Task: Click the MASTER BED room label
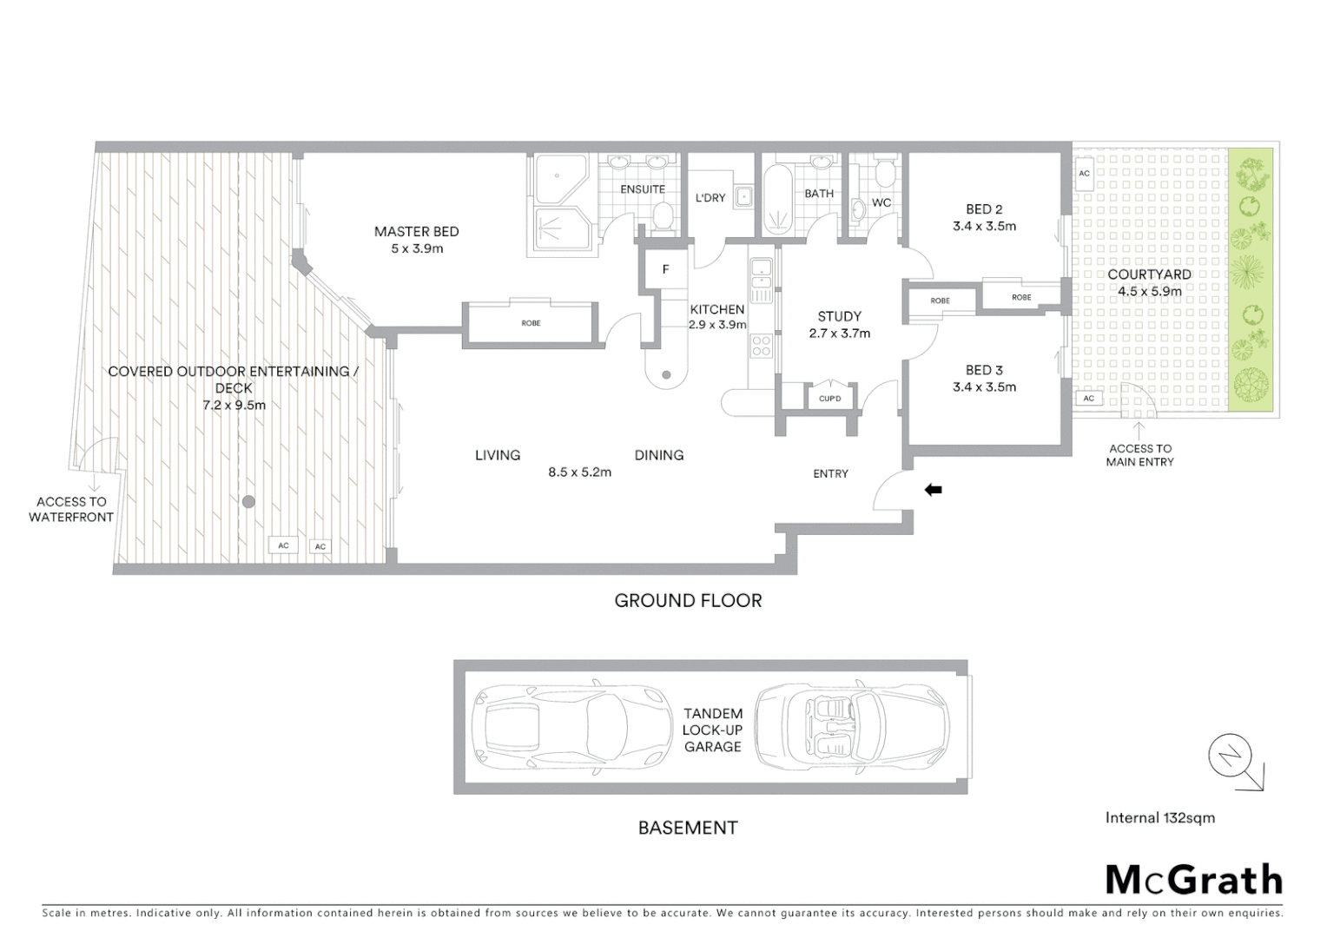416,231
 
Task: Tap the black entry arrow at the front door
934,490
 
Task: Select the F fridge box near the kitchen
666,269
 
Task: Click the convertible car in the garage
852,727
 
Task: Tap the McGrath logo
1193,880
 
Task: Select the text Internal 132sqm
1159,817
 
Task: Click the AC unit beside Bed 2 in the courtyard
1084,174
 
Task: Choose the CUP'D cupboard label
829,399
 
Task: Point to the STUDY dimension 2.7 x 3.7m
839,334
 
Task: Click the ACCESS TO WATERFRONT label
71,509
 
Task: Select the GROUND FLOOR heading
688,600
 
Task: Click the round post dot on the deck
249,501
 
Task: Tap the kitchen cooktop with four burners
762,346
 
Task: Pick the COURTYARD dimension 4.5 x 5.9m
1148,291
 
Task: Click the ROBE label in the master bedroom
531,323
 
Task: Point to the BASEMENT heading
688,828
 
